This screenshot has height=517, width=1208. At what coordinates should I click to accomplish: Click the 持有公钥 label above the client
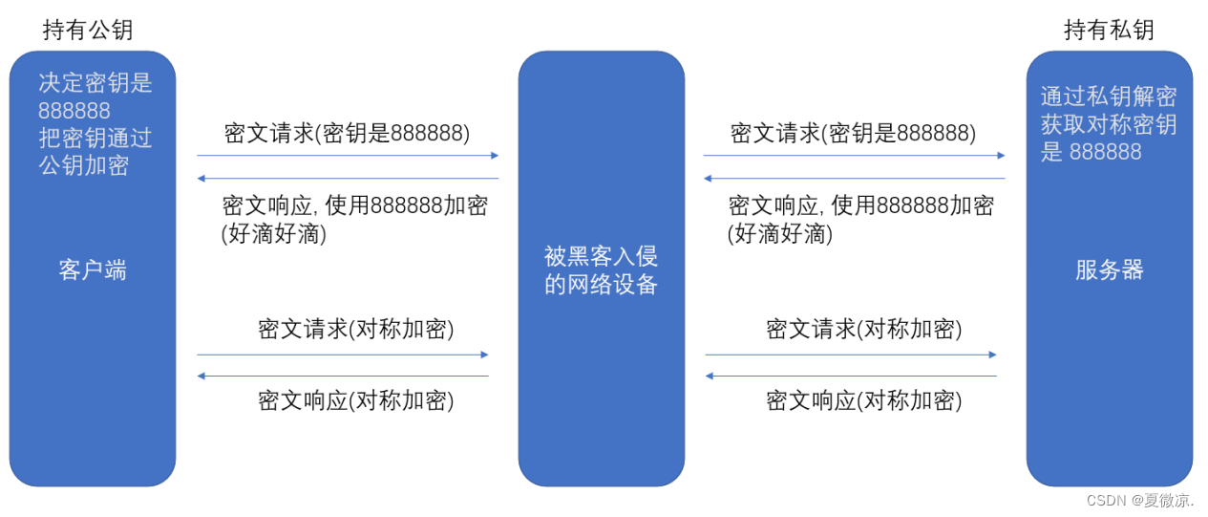(x=88, y=30)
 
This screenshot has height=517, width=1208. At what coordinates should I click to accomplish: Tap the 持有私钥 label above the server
(x=1109, y=30)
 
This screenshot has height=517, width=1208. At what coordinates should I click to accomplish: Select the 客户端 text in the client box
(x=93, y=270)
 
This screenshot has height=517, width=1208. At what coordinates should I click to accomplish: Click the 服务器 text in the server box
(x=1109, y=270)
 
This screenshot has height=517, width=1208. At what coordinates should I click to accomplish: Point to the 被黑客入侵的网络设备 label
(x=601, y=270)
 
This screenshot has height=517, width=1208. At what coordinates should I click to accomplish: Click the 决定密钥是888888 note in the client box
(x=95, y=96)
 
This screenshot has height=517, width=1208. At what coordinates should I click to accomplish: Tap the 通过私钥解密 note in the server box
(x=1108, y=97)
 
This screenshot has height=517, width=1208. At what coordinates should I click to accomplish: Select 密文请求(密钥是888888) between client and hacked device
(x=348, y=133)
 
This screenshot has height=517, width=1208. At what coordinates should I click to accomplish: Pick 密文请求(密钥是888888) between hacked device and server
(x=854, y=133)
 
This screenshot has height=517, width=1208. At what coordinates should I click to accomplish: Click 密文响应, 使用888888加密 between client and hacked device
(x=355, y=205)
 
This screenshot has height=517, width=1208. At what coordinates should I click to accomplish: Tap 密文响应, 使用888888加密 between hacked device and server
(x=861, y=205)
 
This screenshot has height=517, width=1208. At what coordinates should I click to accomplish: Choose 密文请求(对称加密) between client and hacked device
(x=356, y=330)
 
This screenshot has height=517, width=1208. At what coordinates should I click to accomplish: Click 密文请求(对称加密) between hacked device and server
(x=864, y=330)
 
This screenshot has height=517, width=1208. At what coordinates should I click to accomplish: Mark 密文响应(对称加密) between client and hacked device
(x=356, y=400)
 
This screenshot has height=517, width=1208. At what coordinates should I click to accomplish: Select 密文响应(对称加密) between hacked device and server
(x=864, y=400)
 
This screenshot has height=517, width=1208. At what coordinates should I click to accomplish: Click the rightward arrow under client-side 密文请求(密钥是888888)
(x=348, y=155)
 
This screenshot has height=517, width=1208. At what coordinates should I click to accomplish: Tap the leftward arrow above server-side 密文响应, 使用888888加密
(x=854, y=178)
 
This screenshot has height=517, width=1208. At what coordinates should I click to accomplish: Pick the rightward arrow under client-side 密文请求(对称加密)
(x=343, y=355)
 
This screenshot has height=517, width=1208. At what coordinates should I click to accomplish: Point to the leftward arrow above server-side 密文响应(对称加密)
(x=851, y=376)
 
